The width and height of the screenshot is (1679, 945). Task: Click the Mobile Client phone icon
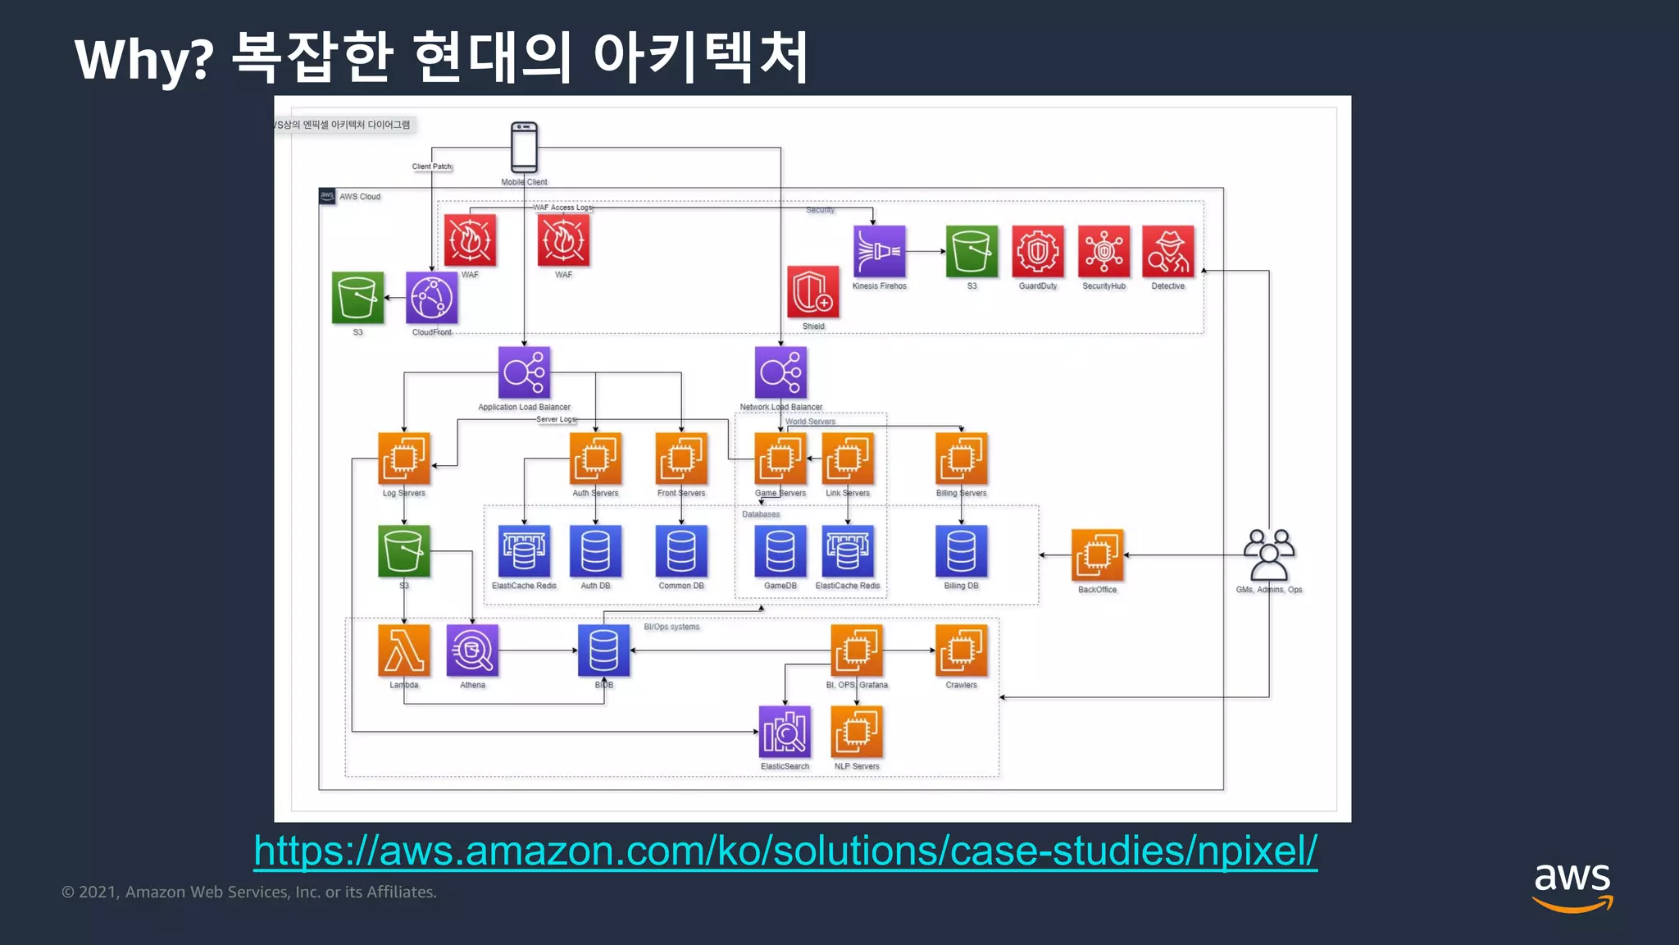pos(524,147)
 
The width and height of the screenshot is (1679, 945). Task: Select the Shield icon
pos(812,291)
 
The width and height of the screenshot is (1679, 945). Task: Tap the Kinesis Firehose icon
pos(879,251)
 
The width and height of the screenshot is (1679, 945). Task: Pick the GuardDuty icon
pos(1037,251)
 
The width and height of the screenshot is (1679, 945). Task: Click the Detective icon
pos(1167,251)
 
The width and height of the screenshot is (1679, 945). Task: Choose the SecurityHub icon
pos(1103,251)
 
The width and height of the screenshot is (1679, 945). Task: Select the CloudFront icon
pos(431,297)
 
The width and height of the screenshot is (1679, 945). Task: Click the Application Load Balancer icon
pos(524,372)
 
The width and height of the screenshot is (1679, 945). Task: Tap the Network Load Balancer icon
pos(780,372)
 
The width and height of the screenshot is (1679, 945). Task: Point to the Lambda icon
pos(403,651)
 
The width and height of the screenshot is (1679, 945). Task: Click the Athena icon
pos(472,651)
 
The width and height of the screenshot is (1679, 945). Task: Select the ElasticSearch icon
pos(785,732)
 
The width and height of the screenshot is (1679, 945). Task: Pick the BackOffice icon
pos(1097,555)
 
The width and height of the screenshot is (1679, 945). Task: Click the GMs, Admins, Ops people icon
pos(1268,555)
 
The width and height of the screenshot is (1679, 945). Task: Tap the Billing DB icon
pos(961,551)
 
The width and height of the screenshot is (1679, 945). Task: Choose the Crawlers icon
pos(961,651)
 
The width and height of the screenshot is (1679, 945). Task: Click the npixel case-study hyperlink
pos(785,851)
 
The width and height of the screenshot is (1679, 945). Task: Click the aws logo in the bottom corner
pos(1572,886)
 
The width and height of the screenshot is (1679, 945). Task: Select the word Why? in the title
pos(144,59)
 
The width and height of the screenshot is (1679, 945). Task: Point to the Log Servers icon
pos(403,459)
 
